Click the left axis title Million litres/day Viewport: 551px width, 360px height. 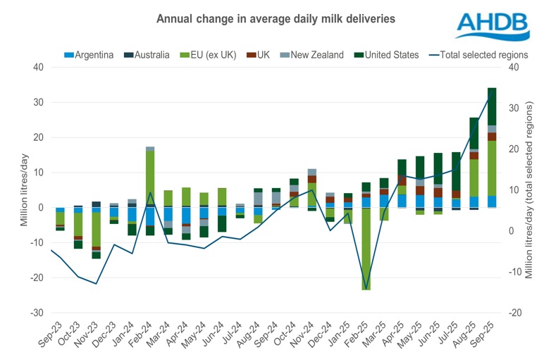point(24,190)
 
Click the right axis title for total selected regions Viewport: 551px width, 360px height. point(529,190)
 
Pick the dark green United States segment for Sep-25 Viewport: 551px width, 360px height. point(492,106)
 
